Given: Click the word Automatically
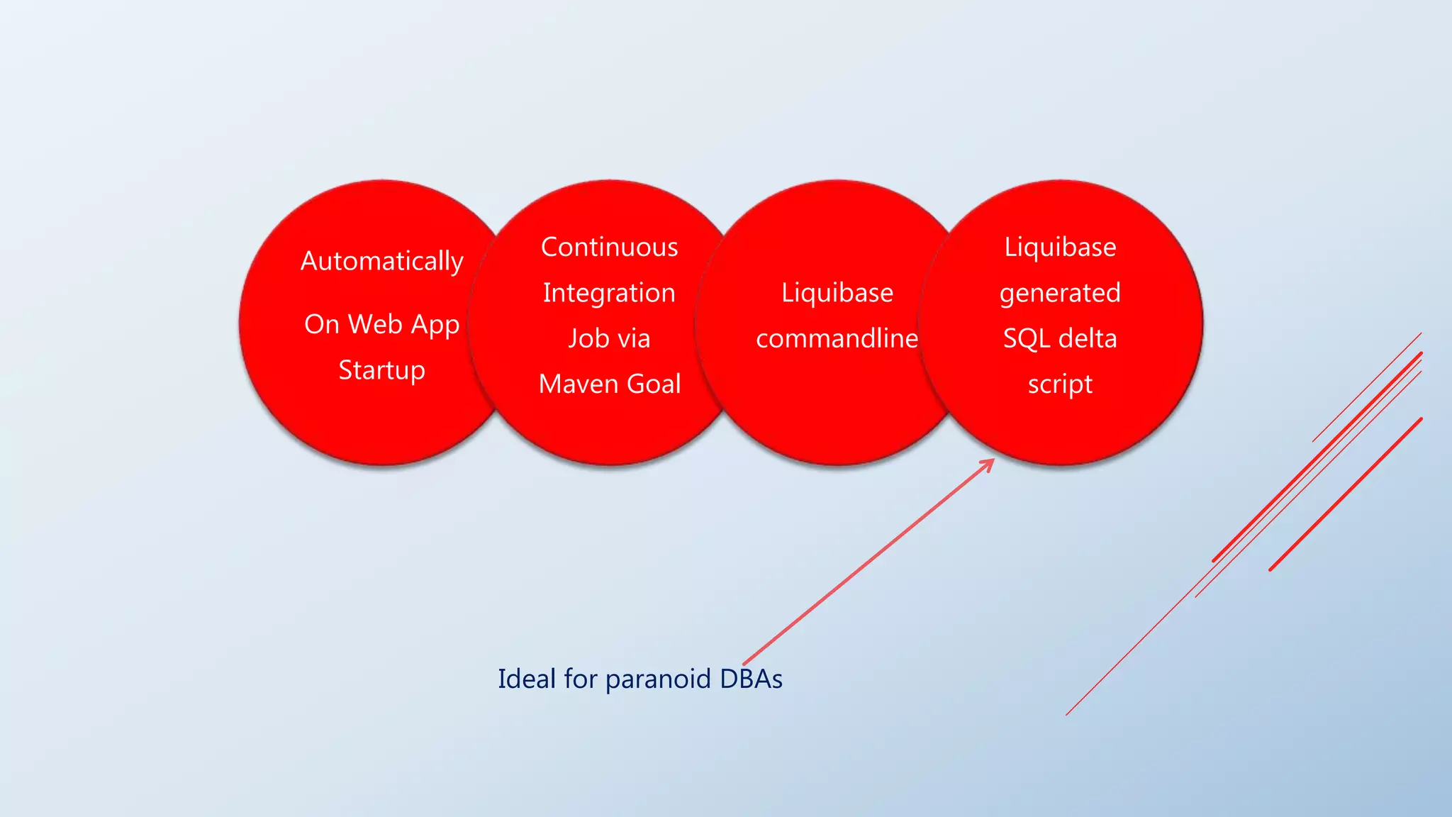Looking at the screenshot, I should tap(381, 262).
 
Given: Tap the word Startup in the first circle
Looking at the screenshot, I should tap(381, 371).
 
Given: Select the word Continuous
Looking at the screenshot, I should tap(609, 248).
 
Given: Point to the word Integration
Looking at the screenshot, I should tap(609, 293).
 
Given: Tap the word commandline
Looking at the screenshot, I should tap(837, 339).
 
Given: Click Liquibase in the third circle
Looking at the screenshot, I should tap(837, 293).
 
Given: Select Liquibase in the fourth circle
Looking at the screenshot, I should tap(1060, 248).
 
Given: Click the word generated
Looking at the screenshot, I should tap(1060, 294).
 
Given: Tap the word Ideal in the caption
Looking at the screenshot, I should tap(527, 679).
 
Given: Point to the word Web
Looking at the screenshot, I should tap(375, 325).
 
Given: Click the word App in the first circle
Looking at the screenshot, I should tap(435, 326).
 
